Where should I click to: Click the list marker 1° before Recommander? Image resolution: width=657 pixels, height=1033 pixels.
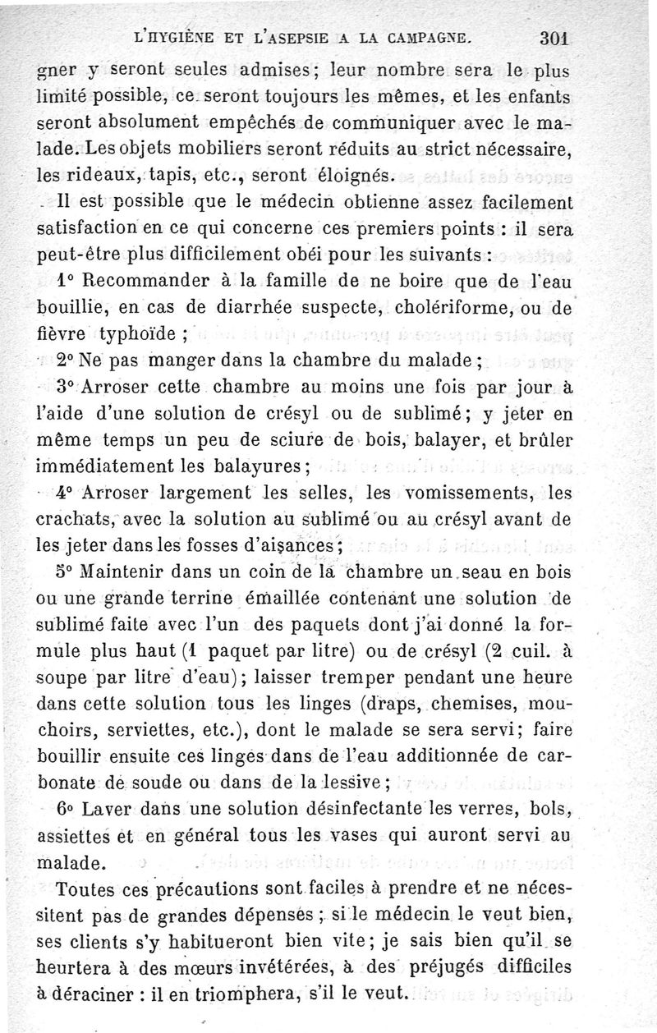click(x=67, y=280)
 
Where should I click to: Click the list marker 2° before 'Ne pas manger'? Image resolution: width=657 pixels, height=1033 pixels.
click(x=67, y=361)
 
